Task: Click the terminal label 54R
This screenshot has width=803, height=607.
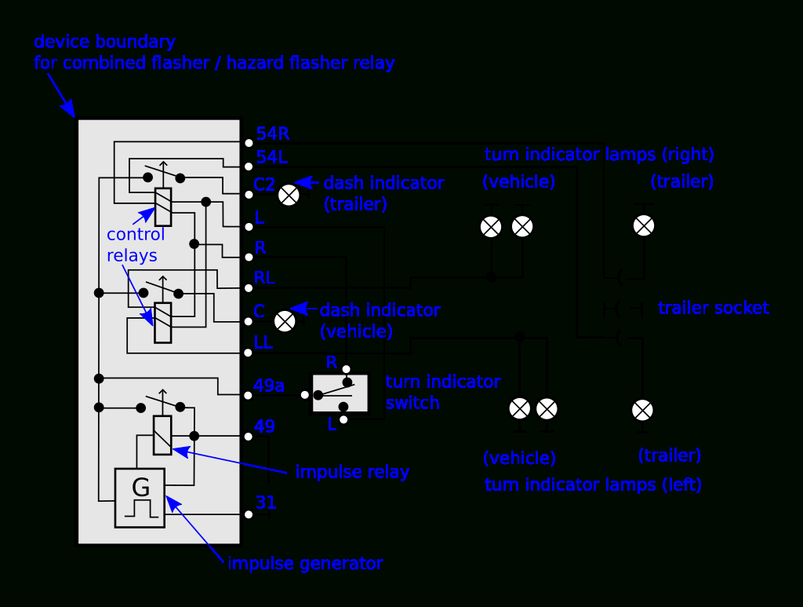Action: point(272,134)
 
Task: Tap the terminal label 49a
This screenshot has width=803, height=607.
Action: point(268,386)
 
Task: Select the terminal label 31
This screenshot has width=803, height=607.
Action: point(266,503)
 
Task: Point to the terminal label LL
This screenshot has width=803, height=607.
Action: point(263,342)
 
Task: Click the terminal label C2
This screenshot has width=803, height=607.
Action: point(264,185)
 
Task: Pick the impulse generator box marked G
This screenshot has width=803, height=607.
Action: point(140,498)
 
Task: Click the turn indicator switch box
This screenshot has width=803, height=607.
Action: point(340,393)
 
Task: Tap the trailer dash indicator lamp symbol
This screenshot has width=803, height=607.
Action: point(289,195)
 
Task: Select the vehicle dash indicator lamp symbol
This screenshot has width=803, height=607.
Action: point(285,320)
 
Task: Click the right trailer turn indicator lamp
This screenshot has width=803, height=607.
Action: point(644,226)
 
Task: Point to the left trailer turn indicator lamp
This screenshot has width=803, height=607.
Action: point(643,410)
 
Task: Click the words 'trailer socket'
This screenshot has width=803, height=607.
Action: point(714,308)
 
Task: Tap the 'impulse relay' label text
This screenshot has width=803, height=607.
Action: point(352,472)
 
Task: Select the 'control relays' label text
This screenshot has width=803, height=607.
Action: point(136,245)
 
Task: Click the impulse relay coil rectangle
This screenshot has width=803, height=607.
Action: point(162,435)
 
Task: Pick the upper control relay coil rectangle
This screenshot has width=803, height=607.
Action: point(163,207)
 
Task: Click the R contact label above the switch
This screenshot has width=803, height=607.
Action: point(332,362)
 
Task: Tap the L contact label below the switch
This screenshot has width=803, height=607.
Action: point(332,424)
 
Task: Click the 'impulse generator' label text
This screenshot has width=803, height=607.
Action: point(305,563)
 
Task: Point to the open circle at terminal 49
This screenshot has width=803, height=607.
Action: point(249,437)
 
